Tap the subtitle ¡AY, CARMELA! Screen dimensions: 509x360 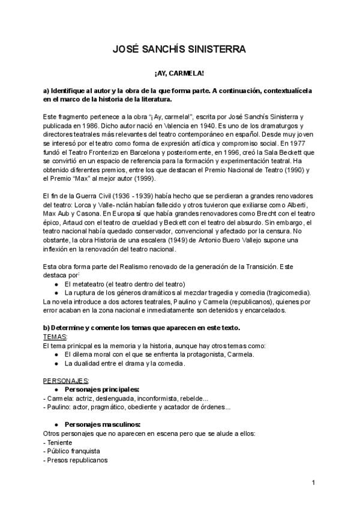[179, 73]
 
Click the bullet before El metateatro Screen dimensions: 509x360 [56, 284]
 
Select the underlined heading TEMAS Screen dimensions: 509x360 [56, 337]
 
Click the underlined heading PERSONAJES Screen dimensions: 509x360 [66, 381]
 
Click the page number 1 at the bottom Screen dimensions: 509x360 [313, 483]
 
